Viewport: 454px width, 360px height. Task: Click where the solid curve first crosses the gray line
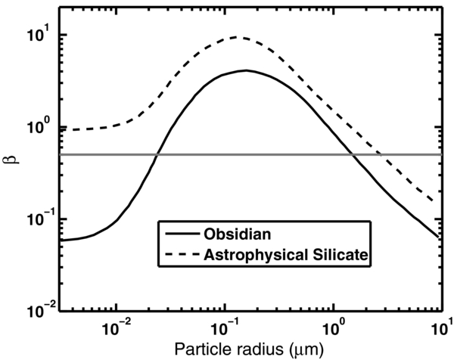[157, 155]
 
